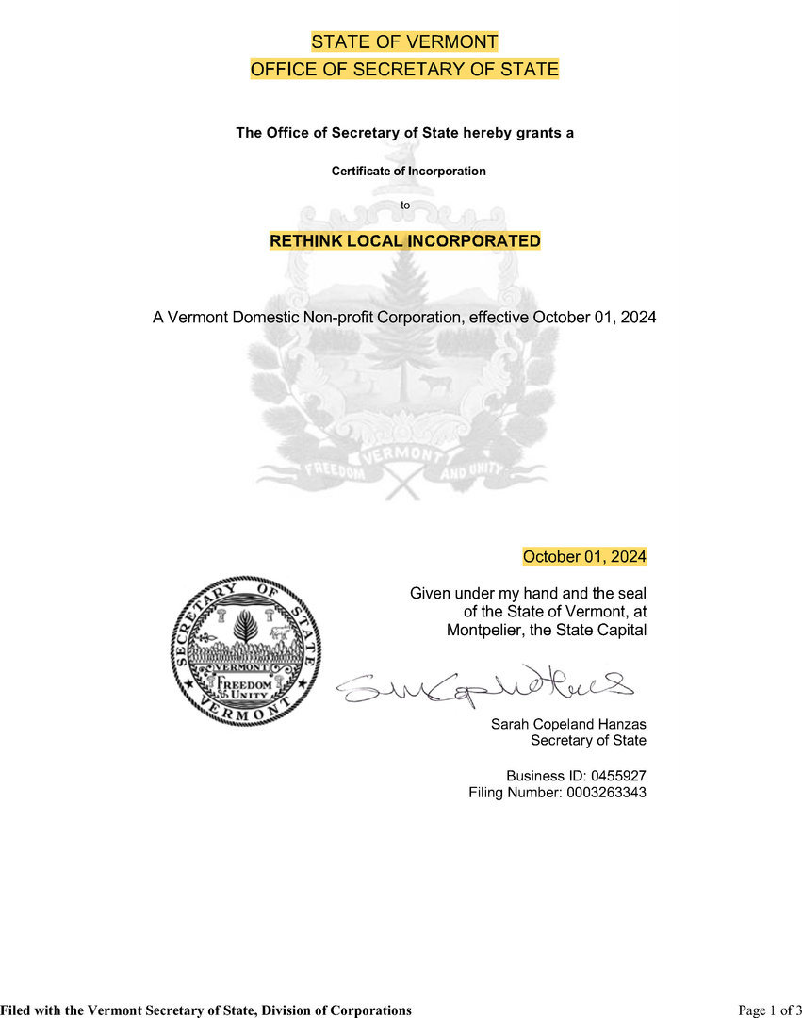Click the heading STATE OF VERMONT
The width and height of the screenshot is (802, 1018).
point(404,42)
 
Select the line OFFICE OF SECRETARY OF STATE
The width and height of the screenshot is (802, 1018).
point(404,69)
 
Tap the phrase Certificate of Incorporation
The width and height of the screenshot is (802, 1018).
point(408,171)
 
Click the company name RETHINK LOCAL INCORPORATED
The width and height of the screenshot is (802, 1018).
point(405,241)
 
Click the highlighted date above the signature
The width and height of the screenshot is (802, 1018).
point(584,557)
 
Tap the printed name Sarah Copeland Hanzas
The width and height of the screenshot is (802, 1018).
point(568,724)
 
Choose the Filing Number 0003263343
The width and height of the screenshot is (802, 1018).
point(606,793)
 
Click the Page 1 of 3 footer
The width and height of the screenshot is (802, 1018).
point(770,1010)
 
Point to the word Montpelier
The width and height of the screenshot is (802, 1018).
point(483,630)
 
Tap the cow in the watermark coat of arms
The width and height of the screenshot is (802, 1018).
point(435,382)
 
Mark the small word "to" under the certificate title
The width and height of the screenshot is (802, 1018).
point(406,205)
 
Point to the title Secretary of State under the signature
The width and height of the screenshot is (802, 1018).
point(588,741)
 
